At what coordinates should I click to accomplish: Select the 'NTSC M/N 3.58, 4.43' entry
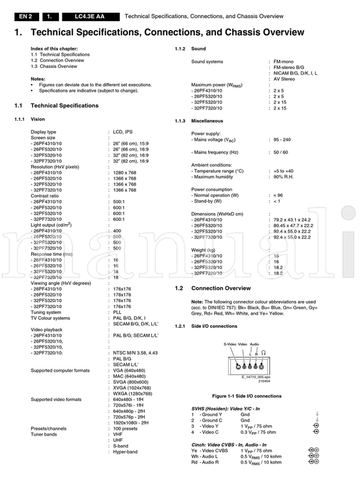point(136,337)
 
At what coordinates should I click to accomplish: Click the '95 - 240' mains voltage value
point(282,139)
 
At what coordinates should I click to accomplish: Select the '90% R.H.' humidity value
point(284,178)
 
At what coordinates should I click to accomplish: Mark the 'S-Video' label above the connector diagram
point(230,344)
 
